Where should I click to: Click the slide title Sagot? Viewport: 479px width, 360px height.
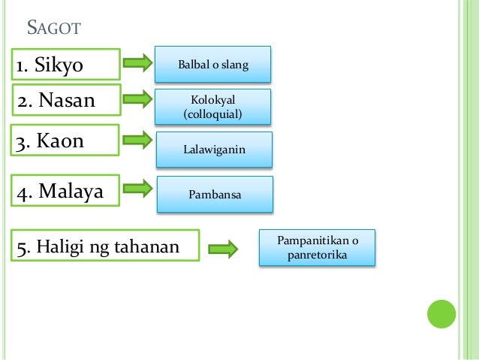pos(53,30)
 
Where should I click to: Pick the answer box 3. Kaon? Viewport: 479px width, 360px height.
pos(66,141)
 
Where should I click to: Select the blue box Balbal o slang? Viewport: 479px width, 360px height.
pos(212,65)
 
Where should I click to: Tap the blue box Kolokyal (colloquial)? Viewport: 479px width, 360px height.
pos(212,106)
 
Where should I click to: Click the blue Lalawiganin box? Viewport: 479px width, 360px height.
pos(214,150)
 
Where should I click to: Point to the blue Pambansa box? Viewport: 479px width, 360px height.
pos(214,194)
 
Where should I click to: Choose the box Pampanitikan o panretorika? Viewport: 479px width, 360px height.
pos(318,248)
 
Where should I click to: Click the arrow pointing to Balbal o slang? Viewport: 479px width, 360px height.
pos(137,63)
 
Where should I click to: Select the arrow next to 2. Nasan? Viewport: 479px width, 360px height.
pos(137,98)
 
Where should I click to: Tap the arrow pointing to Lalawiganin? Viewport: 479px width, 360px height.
pos(137,140)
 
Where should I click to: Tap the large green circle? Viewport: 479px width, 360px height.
pos(442,314)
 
